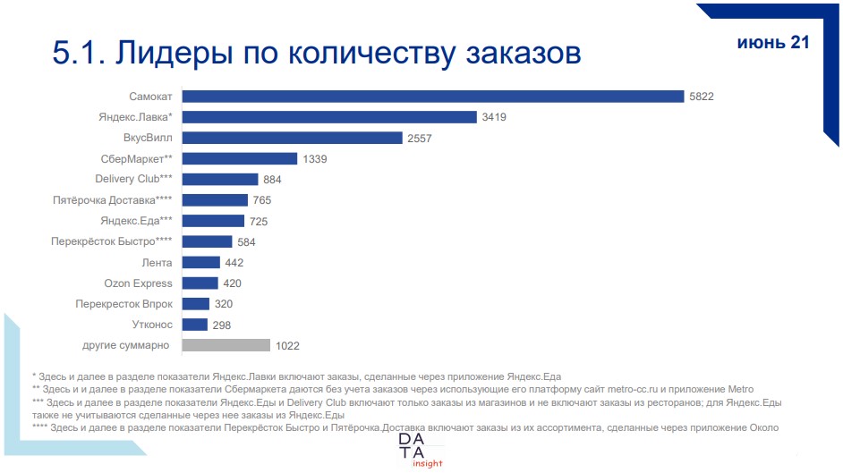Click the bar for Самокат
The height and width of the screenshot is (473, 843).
[x=433, y=97]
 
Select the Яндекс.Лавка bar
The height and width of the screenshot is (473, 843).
[x=328, y=117]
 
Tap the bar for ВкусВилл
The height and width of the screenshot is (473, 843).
[x=292, y=138]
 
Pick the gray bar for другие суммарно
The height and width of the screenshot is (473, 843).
[x=226, y=345]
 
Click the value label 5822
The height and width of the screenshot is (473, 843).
[x=702, y=97]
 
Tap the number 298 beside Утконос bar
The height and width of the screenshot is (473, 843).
[x=222, y=325]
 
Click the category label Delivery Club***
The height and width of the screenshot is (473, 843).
[x=134, y=180]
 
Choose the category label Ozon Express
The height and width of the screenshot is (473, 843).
[x=138, y=283]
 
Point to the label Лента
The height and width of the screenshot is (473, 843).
[x=157, y=263]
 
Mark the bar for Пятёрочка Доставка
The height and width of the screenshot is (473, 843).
[x=215, y=200]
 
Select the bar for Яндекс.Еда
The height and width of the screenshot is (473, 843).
[x=213, y=221]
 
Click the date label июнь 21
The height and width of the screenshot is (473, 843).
[x=772, y=43]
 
